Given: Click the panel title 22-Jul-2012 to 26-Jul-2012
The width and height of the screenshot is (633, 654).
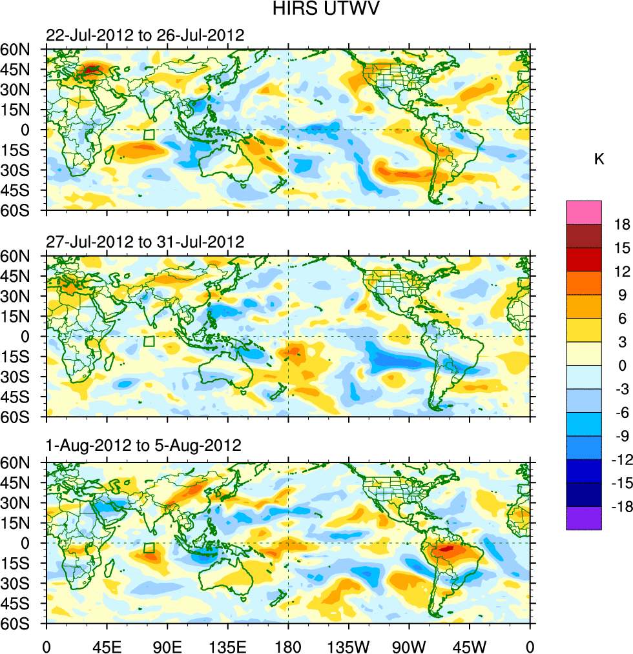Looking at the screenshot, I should (x=145, y=35).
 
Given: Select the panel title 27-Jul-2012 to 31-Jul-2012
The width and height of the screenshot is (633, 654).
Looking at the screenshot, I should (x=145, y=243).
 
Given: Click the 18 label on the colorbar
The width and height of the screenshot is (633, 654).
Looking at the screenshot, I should (x=622, y=224).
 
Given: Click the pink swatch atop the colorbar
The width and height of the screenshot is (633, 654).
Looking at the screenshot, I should (x=584, y=212).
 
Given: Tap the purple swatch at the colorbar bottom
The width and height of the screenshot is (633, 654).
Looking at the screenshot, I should (x=584, y=518).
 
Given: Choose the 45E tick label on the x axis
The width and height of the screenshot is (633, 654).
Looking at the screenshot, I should (x=107, y=645).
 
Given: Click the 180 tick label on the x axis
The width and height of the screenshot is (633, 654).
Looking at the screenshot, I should (x=288, y=645).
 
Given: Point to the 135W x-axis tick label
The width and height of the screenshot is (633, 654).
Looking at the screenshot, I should (x=348, y=645).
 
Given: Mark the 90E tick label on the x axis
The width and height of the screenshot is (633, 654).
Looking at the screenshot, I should (x=167, y=645).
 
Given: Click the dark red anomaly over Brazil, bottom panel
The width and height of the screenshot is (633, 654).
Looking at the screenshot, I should (x=450, y=550).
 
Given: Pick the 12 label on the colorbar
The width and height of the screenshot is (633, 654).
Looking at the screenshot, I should (x=622, y=272).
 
